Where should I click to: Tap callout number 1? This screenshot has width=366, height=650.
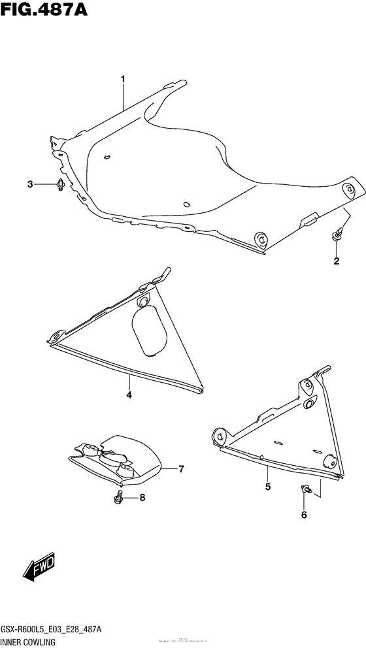[122, 79]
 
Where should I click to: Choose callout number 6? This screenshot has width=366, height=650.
[181, 468]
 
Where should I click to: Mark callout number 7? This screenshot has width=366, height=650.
[142, 498]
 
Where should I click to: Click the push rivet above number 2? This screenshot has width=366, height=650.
[337, 233]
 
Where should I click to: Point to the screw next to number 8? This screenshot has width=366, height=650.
[119, 498]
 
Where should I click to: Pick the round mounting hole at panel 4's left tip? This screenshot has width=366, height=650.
[56, 338]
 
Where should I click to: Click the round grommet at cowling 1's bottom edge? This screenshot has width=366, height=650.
[260, 238]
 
